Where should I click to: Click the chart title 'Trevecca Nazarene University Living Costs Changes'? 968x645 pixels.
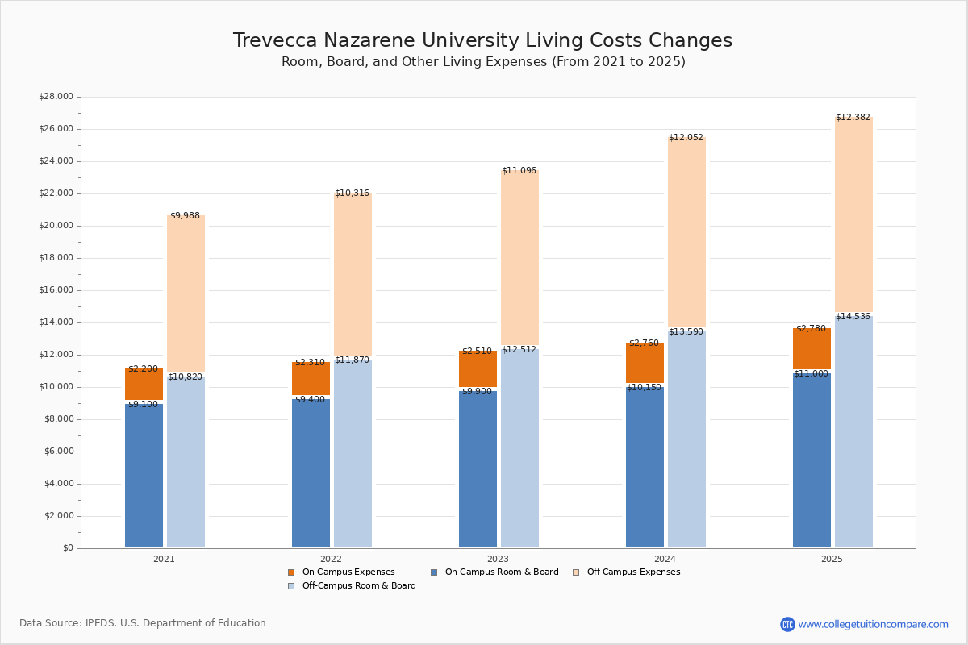click(x=482, y=41)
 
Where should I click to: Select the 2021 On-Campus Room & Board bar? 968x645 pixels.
click(x=144, y=476)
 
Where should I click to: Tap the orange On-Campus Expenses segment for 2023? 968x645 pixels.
click(x=478, y=369)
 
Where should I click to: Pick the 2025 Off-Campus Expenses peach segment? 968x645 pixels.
click(x=853, y=214)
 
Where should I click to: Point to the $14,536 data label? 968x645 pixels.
click(x=853, y=317)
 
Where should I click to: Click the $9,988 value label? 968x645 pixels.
click(x=185, y=216)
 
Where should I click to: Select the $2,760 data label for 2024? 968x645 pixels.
click(x=644, y=343)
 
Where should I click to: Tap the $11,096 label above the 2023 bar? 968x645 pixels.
click(x=519, y=171)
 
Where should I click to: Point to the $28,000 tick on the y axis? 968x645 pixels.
click(x=56, y=97)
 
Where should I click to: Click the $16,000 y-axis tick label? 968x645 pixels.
click(x=56, y=290)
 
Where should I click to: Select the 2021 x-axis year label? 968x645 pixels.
click(x=164, y=559)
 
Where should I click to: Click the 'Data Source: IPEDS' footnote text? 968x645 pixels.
click(x=143, y=623)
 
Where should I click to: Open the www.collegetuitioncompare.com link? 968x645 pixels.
click(x=873, y=624)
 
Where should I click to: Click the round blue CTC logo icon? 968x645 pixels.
click(x=787, y=624)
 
